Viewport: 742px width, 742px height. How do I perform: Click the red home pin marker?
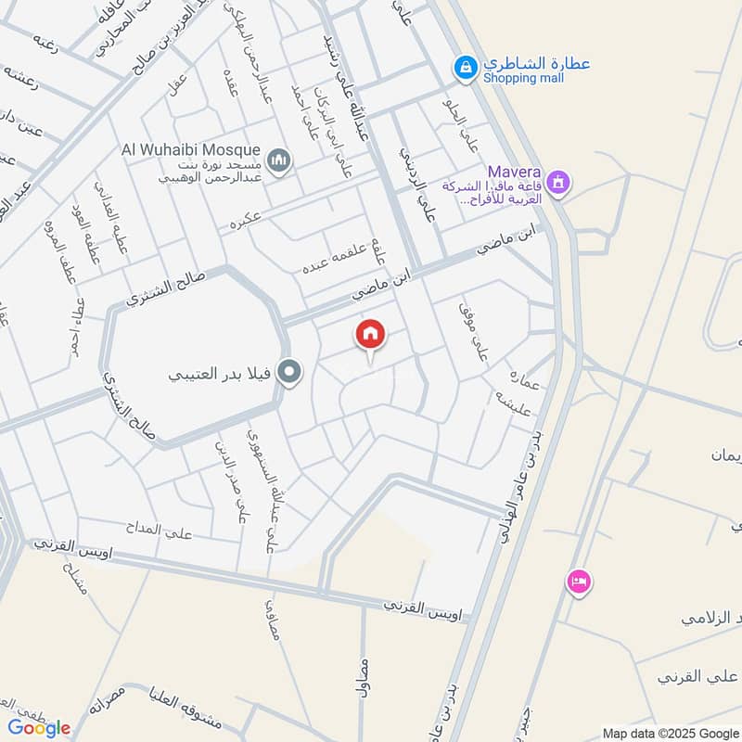370,336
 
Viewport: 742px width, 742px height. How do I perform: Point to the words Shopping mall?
522,79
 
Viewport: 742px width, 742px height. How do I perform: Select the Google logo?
39,728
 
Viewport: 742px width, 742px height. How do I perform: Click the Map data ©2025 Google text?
670,732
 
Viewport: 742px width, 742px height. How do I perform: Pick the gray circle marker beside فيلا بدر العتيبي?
290,374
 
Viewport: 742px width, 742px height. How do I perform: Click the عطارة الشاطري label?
535,64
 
